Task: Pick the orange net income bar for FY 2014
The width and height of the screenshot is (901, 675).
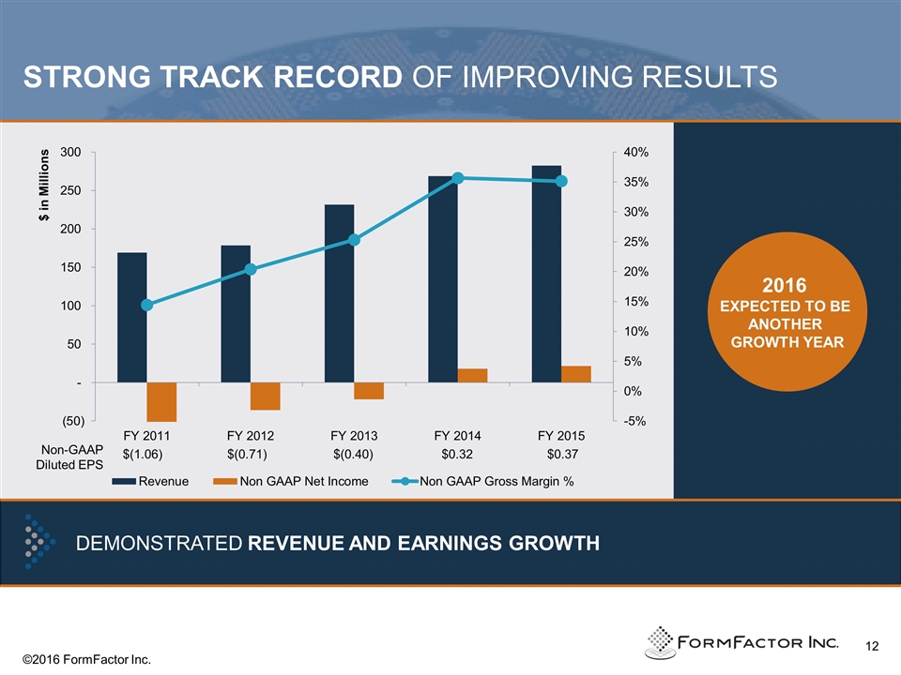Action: click(472, 375)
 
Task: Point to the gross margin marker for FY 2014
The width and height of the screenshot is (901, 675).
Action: click(458, 178)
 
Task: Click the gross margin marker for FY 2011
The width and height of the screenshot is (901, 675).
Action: click(146, 305)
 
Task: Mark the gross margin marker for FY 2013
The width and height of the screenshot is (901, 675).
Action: click(354, 240)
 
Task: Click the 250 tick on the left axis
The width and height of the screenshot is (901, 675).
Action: click(72, 190)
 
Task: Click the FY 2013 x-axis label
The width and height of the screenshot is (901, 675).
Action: click(354, 436)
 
